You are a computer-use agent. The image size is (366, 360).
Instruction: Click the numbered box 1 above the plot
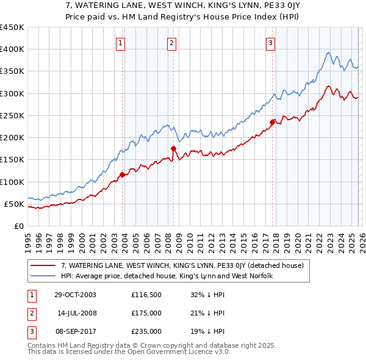coord(121,43)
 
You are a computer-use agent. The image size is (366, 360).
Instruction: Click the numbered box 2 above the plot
coord(172,43)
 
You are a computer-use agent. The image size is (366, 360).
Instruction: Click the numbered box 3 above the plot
coord(270,43)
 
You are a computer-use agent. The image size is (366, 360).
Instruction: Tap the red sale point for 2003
coord(123,175)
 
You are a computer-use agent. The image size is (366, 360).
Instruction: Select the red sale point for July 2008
coord(174,148)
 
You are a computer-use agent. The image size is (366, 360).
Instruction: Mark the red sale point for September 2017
coord(273,121)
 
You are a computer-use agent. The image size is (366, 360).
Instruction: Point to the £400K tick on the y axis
coord(12,49)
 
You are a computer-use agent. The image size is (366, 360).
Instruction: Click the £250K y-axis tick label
coord(12,115)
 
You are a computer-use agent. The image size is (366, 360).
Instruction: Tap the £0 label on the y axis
coord(19,226)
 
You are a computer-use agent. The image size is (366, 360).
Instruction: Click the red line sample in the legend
coord(44,265)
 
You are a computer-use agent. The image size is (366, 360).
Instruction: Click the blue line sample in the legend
coord(44,276)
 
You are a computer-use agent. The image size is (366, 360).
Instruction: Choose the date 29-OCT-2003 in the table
coord(75,295)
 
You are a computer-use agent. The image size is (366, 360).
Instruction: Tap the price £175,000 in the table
coord(146,313)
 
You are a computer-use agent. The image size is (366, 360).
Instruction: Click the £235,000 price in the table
coord(146,331)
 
